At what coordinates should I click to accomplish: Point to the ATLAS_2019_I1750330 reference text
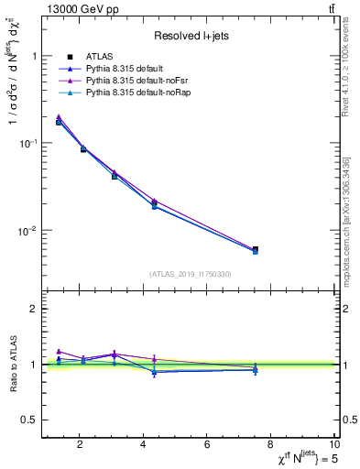pyautogui.click(x=191, y=274)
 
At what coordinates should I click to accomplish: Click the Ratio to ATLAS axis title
pyautogui.click(x=13, y=365)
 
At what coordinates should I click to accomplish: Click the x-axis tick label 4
pyautogui.click(x=143, y=445)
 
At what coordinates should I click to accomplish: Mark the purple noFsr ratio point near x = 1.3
pyautogui.click(x=59, y=351)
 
